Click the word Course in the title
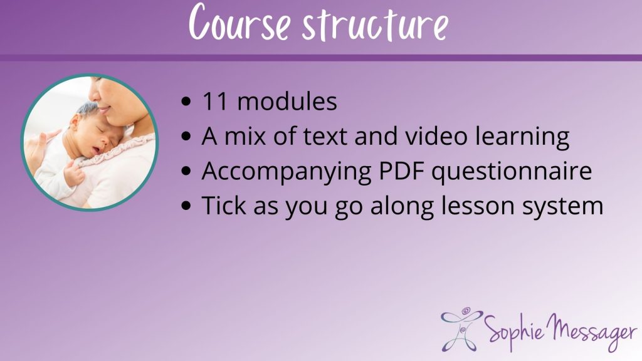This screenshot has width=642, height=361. click(239, 22)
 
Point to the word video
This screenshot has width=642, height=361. click(436, 135)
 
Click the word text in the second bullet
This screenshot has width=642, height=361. click(325, 136)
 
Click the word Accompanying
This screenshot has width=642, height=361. click(286, 172)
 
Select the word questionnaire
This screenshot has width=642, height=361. click(512, 172)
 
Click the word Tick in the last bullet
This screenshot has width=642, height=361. click(224, 205)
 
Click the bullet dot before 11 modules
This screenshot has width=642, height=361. click(186, 102)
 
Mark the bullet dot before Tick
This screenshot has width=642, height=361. click(186, 206)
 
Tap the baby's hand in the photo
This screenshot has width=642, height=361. click(74, 174)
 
